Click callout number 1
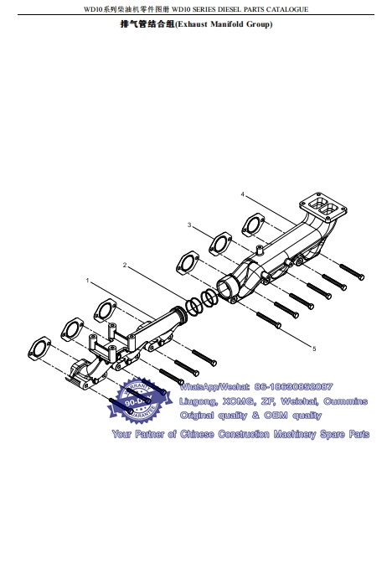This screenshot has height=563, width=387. point(87,281)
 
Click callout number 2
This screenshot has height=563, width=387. point(125,265)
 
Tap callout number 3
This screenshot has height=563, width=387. point(189,225)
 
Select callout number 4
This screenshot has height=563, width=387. point(243,194)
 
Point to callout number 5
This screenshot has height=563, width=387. point(314,349)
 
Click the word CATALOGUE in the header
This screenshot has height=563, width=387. point(287,9)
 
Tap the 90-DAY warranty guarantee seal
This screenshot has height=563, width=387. point(139,400)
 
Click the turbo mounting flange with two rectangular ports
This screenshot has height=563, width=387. point(322,207)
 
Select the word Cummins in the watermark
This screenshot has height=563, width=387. point(345,401)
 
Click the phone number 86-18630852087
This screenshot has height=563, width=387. point(293,387)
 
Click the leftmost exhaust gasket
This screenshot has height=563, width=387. point(39,348)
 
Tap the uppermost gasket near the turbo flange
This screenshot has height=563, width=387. point(253,225)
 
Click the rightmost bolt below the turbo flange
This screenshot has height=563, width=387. point(352,271)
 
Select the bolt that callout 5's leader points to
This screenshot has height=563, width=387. point(269,319)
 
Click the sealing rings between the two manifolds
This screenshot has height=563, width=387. point(202,302)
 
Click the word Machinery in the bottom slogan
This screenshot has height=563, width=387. point(295,435)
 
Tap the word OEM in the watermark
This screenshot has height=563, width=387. point(276,416)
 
